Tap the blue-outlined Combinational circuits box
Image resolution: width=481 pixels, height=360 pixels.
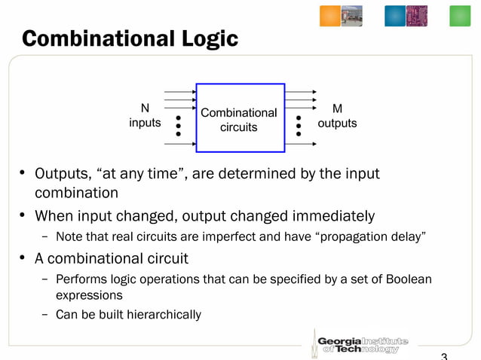coord(239,120)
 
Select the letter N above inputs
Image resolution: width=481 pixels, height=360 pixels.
coord(145,108)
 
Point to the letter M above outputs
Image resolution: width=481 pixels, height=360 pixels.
coord(337,108)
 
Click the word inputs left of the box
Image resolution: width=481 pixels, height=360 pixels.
coord(145,123)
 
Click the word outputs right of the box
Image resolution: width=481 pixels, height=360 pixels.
coord(337,123)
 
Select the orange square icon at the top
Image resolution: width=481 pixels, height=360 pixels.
coord(331,16)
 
